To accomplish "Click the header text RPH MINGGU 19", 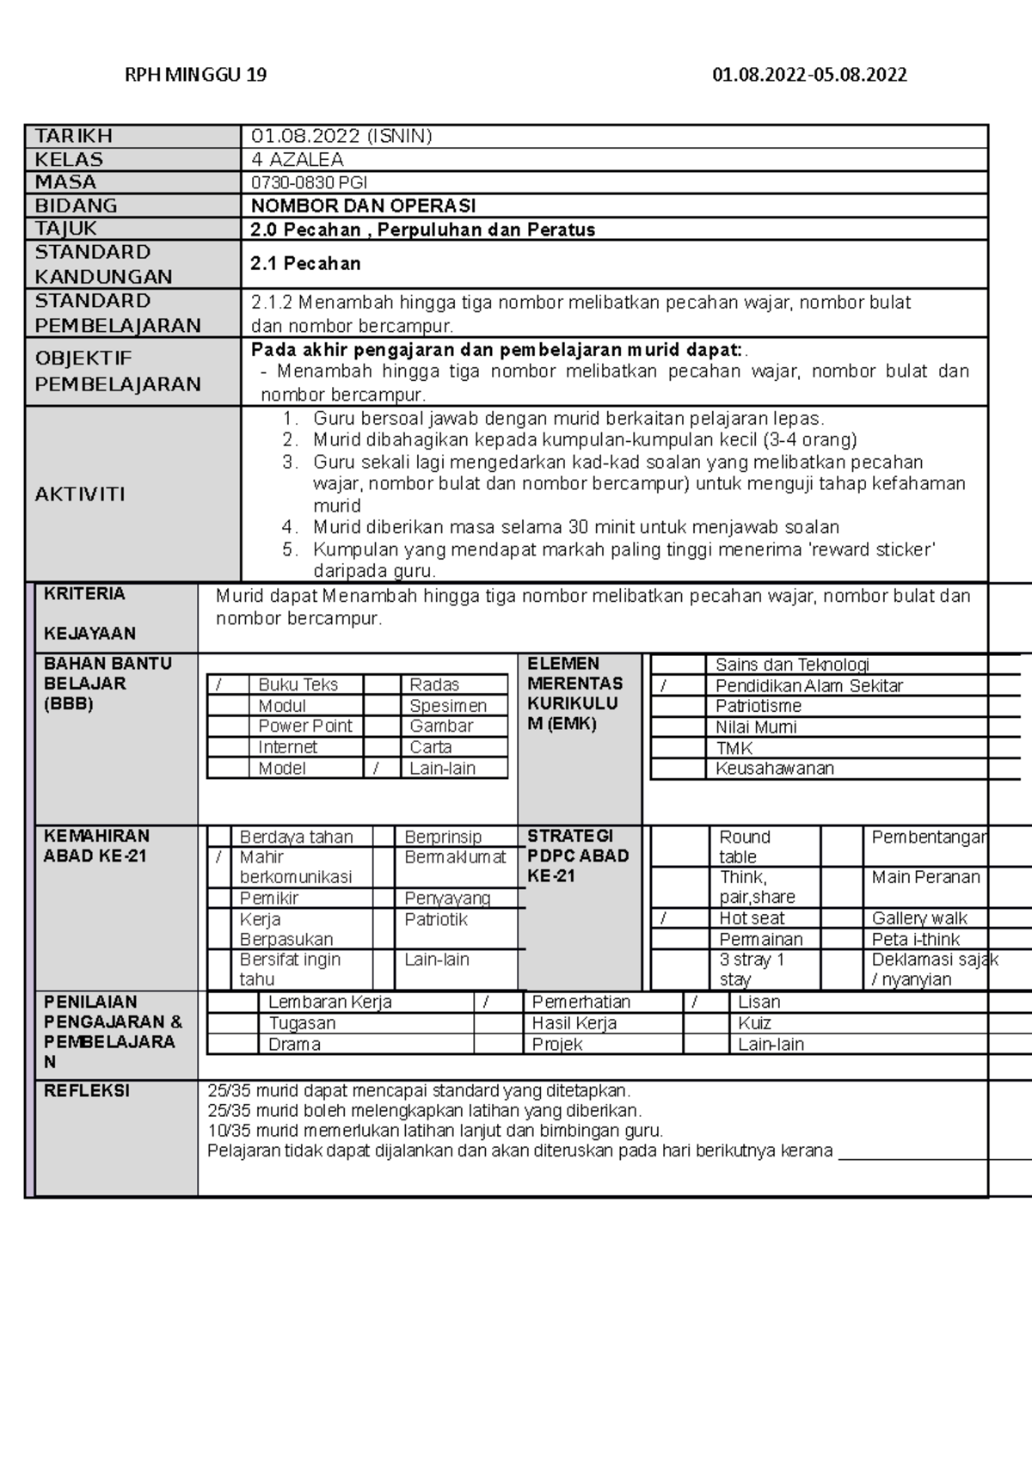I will tap(196, 75).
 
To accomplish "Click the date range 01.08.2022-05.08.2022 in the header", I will tap(809, 75).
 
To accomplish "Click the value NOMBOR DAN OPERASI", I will tap(363, 206).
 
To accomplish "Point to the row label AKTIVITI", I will tap(80, 494).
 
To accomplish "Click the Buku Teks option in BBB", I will tap(298, 684).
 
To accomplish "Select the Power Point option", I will tap(304, 726).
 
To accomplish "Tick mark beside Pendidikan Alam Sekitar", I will tap(663, 686).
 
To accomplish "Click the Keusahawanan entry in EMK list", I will tap(774, 769).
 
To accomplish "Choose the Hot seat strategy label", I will tap(752, 918).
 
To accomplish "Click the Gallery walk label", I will tap(918, 918).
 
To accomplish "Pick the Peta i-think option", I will tap(915, 940).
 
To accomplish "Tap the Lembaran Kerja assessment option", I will tap(329, 1002).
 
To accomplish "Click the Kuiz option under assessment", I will tap(754, 1023).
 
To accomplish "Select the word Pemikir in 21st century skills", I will tap(269, 898).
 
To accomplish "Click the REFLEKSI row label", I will tap(87, 1091).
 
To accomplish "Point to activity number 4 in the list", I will tap(290, 527).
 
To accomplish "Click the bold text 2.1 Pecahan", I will tap(305, 264).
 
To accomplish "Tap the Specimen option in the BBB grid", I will tap(447, 706).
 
